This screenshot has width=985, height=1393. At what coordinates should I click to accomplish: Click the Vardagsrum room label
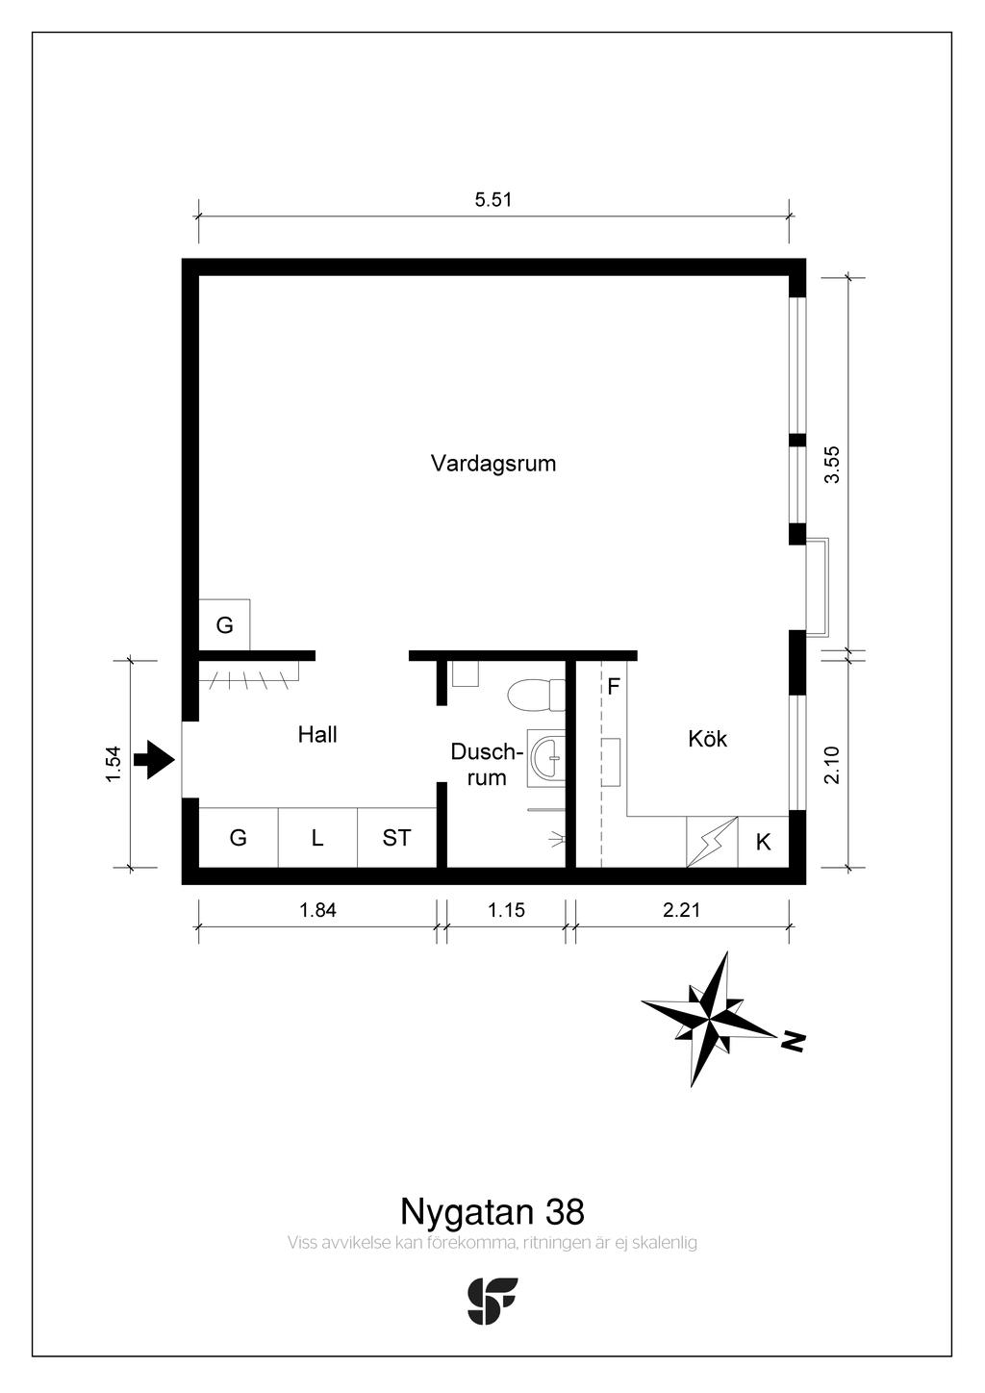coord(493,465)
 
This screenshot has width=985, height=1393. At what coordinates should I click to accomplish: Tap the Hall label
coord(317,734)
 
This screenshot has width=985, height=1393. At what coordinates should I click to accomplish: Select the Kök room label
coord(707,739)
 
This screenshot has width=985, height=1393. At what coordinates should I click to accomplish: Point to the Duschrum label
coord(486,764)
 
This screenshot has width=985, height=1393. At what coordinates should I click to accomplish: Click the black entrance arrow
coord(154,759)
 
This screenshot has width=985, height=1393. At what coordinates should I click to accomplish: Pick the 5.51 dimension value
coord(493,200)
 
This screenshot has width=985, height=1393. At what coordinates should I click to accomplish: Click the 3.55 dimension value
coord(832,464)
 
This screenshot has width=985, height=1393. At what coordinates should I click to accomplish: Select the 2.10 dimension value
coord(832,764)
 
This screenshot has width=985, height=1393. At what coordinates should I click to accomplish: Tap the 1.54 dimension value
coord(114,764)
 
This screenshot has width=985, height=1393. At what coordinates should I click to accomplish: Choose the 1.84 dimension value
coord(317,910)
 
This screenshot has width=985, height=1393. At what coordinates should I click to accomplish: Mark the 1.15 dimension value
coord(506,910)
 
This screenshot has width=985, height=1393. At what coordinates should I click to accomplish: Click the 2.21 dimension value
coord(682,910)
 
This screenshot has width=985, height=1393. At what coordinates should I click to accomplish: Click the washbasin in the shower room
coord(546,759)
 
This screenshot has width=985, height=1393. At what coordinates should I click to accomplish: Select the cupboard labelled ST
coord(396,838)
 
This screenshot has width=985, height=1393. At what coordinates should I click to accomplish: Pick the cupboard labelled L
coord(317,838)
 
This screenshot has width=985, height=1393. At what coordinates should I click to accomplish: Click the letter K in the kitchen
coord(763,842)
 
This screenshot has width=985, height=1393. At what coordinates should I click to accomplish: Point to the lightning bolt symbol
coord(712,842)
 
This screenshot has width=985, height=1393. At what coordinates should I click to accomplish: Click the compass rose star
coord(709,1020)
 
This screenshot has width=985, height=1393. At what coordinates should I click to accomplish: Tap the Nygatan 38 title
coord(492,1211)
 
